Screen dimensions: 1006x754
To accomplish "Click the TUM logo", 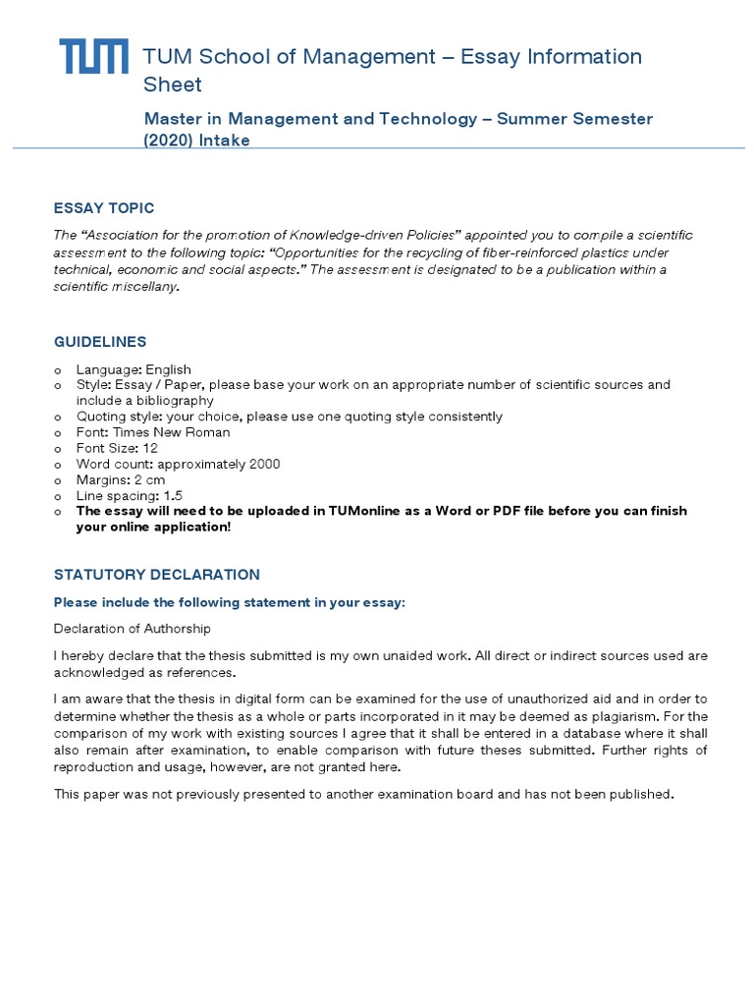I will click(93, 57).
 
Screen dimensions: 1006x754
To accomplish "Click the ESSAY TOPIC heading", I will click(104, 208).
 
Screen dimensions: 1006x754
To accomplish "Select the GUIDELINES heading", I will click(100, 342).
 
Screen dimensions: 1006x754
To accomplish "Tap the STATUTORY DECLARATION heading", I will click(157, 575).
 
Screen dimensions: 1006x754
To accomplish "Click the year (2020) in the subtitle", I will click(169, 140).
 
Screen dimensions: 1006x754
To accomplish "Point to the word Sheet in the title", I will click(173, 84).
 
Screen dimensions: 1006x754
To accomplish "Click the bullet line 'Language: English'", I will click(134, 369).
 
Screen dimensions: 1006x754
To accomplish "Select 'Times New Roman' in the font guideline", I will click(172, 432).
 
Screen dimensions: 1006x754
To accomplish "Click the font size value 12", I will click(150, 448).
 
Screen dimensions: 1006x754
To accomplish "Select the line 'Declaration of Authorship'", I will click(132, 629).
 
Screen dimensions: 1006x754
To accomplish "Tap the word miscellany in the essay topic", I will click(153, 287).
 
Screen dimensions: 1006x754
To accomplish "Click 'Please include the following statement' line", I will click(229, 602).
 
